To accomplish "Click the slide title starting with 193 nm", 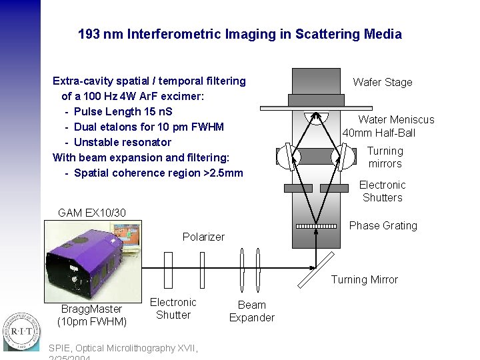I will point(239,34).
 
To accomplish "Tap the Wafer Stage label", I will point(382,82).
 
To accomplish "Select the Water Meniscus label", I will point(396,119).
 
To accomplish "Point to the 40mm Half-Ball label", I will point(379,133).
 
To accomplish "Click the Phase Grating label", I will point(383,225).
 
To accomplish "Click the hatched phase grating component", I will point(316,227).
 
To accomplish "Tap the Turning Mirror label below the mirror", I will point(364,279).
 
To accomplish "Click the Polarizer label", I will point(203,237).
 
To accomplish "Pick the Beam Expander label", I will point(251,311).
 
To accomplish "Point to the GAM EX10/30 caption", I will point(91,213).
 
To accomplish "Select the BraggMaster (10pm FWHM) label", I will point(92,315).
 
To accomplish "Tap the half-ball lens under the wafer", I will point(315,117).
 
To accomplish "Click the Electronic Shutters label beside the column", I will point(382,191).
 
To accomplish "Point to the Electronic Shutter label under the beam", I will point(173,309).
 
